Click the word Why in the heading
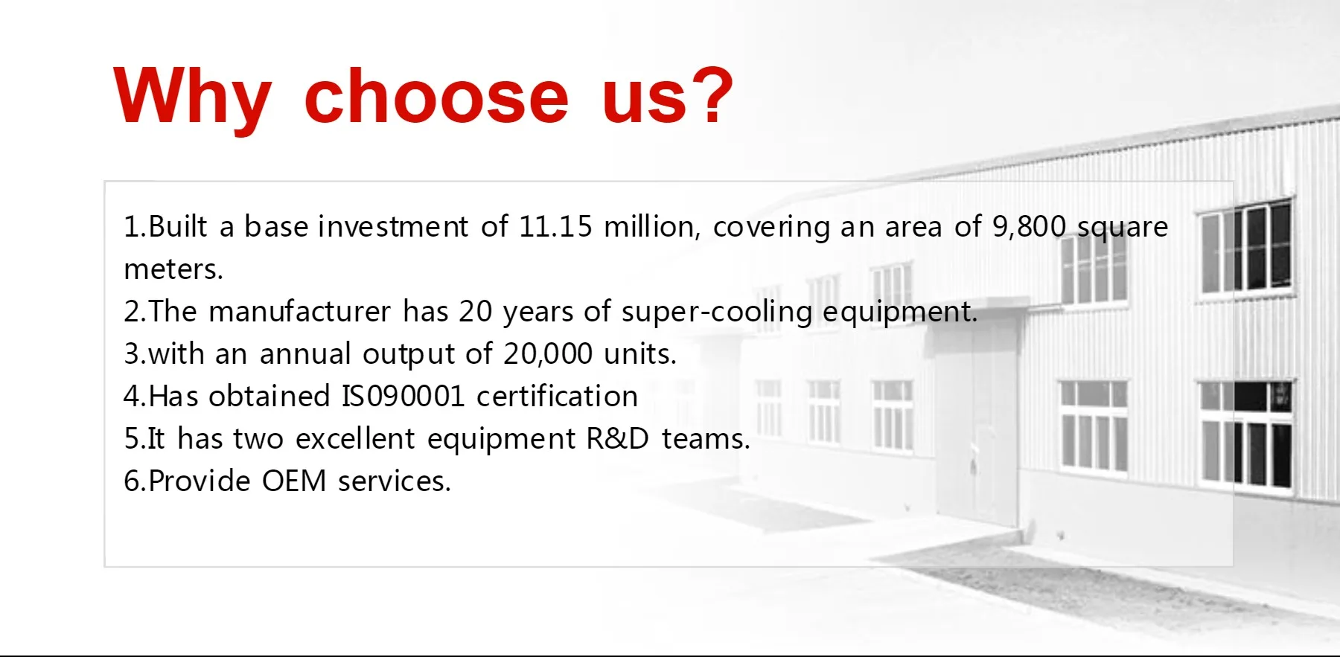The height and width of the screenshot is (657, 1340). coord(191,97)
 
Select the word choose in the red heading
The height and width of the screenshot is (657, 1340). coord(436,97)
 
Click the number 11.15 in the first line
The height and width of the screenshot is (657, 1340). coord(555,227)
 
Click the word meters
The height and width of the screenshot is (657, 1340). coord(173,269)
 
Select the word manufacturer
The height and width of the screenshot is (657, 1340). coord(299,312)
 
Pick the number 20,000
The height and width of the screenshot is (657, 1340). coord(547,354)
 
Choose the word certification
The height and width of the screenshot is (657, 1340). coord(557,397)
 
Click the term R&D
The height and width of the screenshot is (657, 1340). coord(618,439)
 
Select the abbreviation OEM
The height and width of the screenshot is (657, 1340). coord(294,481)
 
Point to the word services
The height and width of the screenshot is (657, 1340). coord(394,481)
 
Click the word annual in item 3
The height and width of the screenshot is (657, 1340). coord(305,354)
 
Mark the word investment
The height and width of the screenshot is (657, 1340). coord(393,227)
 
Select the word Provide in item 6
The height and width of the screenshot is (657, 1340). coord(200,481)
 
